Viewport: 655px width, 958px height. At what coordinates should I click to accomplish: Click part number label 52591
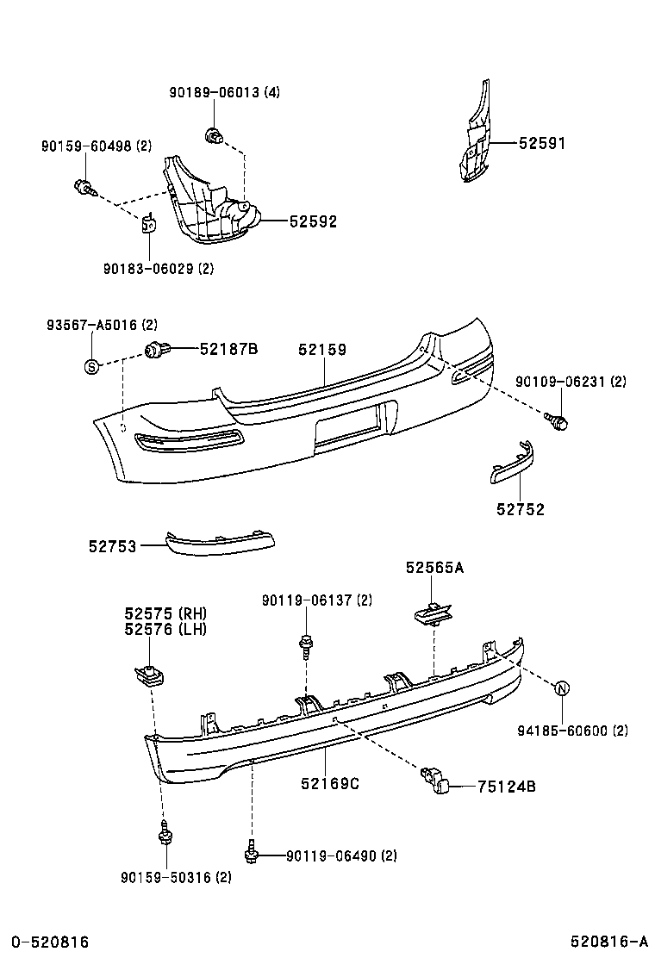(x=542, y=144)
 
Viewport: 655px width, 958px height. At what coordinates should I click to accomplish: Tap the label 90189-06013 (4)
(x=224, y=92)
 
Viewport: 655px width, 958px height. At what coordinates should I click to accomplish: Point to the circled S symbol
(x=90, y=366)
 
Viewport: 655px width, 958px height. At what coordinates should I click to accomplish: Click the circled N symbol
(x=561, y=688)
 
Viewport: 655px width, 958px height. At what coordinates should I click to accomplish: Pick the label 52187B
(x=229, y=349)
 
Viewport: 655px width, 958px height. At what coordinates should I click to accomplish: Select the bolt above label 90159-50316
(x=164, y=834)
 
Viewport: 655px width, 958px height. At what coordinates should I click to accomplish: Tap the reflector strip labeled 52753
(x=221, y=542)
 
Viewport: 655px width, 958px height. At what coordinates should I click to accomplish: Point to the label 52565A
(x=434, y=568)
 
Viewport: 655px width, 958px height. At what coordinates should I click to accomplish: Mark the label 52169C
(x=329, y=783)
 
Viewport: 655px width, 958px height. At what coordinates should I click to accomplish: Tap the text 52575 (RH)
(x=165, y=613)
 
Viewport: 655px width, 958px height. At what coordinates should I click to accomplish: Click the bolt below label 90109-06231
(x=556, y=421)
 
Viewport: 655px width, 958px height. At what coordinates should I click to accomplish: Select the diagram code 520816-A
(x=608, y=942)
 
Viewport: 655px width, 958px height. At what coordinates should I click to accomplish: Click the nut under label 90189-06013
(x=212, y=134)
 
